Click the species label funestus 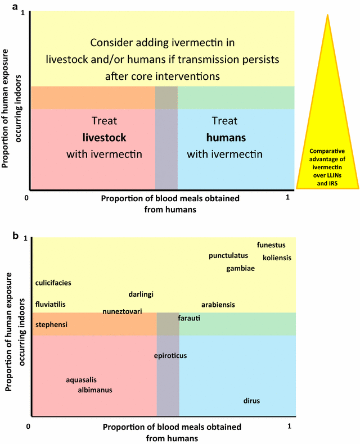point(271,245)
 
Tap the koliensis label point(276,258)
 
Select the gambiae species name point(241,269)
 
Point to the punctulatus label point(228,256)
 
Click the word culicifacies point(53,283)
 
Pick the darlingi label point(141,294)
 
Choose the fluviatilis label point(51,304)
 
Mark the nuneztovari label point(122,311)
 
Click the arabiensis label point(218,305)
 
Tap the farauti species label point(189,318)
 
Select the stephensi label point(51,325)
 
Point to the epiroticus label point(170,356)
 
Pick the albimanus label point(95,389)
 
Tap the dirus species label point(251,401)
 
